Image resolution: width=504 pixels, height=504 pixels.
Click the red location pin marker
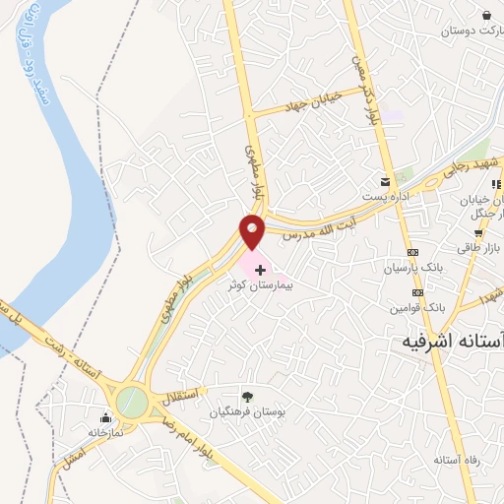click(253, 232)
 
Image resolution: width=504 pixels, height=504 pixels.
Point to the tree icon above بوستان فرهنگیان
click(247, 397)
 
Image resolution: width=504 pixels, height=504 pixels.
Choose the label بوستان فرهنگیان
click(247, 412)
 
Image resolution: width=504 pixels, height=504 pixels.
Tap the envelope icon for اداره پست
click(386, 182)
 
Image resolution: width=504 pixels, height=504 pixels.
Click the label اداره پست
click(385, 197)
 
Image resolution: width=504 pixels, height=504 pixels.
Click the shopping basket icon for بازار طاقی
click(477, 234)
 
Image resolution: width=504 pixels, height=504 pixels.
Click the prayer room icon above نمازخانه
click(105, 417)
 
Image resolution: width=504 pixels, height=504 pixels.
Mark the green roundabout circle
click(130, 402)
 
